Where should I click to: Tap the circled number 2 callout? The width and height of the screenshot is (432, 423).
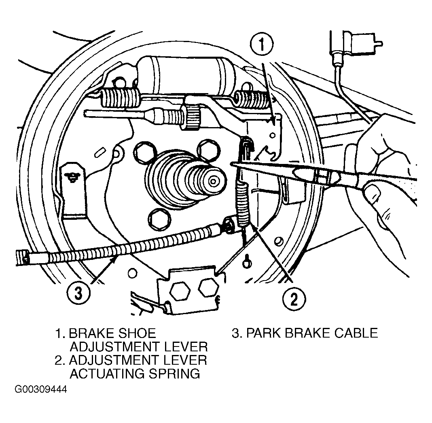coord(294,299)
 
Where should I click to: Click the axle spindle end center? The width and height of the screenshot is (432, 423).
coord(213,181)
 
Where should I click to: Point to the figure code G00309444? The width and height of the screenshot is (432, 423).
coord(41,389)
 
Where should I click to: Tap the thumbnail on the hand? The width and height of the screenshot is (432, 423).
coord(373,193)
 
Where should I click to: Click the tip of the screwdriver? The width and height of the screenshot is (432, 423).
coord(231,164)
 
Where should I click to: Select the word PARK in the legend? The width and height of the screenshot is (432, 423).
coord(263,333)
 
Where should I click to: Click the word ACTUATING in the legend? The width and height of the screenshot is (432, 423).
coord(107,374)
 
